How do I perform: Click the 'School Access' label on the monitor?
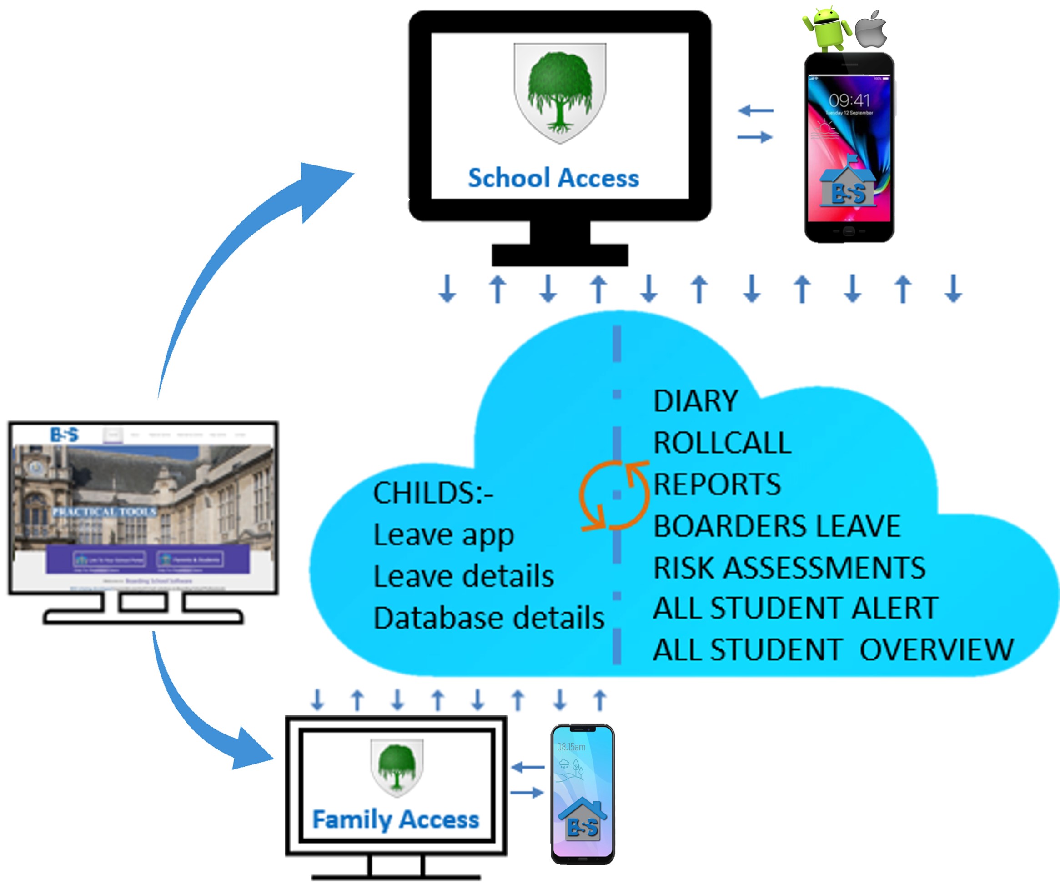(553, 178)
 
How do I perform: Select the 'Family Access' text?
(396, 819)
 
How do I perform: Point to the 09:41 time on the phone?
(849, 100)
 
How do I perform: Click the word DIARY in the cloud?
(696, 401)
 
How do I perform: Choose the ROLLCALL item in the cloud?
(722, 443)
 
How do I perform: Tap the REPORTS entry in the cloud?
(717, 484)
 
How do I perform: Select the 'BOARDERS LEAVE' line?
(777, 526)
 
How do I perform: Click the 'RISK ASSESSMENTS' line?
(789, 568)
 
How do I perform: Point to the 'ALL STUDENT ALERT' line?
(795, 608)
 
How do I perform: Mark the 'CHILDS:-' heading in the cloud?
(432, 493)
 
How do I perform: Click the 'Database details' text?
(488, 618)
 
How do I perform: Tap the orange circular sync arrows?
(614, 495)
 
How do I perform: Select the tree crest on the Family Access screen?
(397, 767)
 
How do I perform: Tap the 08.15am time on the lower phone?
(571, 747)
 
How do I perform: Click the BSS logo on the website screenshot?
(65, 435)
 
